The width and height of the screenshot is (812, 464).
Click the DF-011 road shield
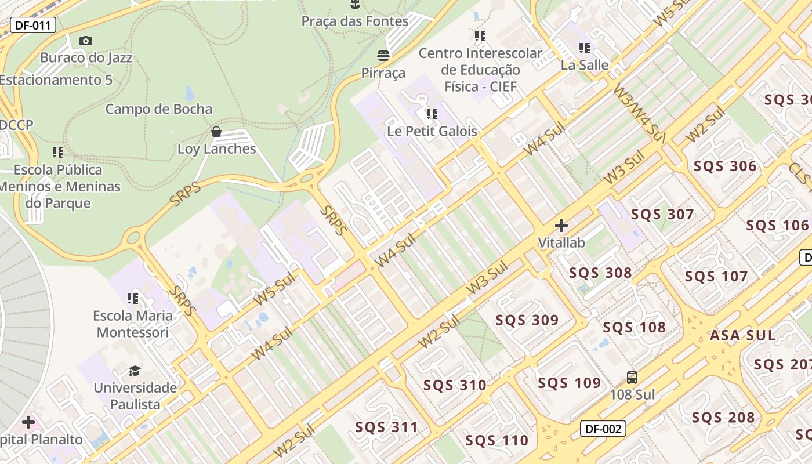tap(33, 25)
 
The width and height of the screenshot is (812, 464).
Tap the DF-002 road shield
tap(603, 429)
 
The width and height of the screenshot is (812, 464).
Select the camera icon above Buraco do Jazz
tap(86, 41)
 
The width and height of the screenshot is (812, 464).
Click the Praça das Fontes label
tap(354, 21)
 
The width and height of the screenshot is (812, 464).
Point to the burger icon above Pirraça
tap(383, 56)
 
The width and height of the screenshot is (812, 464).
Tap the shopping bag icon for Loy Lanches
tap(216, 132)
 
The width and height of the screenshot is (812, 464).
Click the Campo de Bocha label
tap(159, 109)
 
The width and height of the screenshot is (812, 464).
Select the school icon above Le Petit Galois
tap(432, 114)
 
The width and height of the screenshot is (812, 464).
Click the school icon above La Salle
tap(584, 48)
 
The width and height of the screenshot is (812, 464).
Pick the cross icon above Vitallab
tap(561, 225)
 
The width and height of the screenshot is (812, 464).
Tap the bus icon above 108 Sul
tap(632, 378)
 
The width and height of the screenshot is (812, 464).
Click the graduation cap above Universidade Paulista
tap(135, 370)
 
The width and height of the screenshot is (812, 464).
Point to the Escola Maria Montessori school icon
tap(133, 298)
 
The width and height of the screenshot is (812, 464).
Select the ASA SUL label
tap(742, 335)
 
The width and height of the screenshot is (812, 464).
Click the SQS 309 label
tap(527, 320)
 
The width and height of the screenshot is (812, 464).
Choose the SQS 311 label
tap(386, 427)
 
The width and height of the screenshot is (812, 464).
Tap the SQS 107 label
tap(716, 276)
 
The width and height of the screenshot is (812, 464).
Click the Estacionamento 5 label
tap(56, 80)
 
